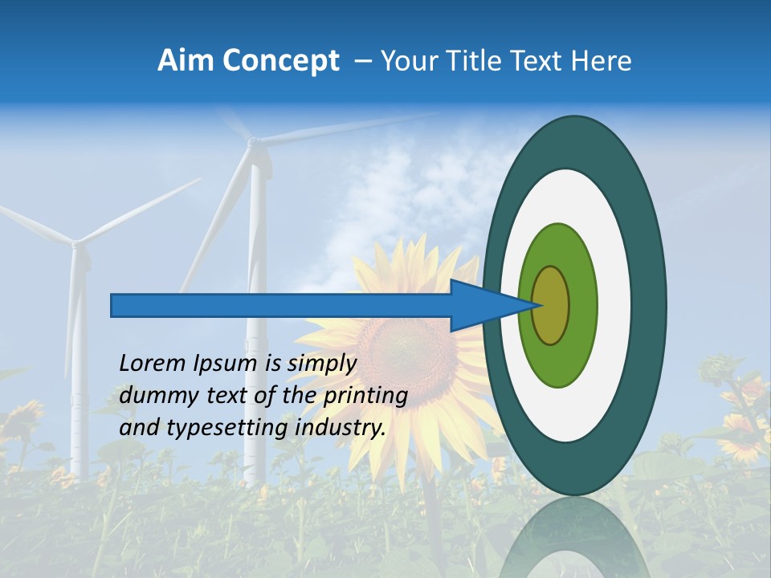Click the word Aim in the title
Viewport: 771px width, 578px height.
186,61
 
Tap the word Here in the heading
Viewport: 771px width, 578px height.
602,61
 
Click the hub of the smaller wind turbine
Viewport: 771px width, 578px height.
77,242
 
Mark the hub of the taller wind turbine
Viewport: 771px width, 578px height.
254,144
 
